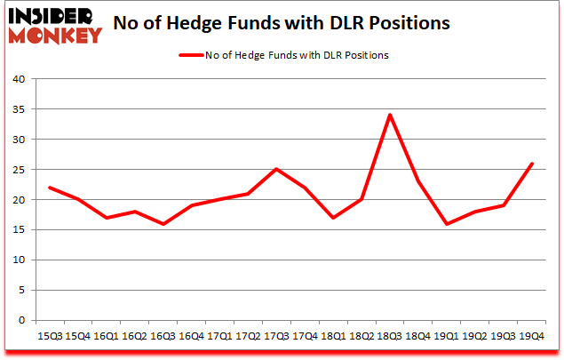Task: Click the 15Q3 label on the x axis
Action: click(49, 337)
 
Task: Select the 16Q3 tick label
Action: click(163, 337)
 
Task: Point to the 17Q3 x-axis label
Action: click(277, 337)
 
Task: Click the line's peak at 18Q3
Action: click(390, 115)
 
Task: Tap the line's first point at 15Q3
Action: click(49, 188)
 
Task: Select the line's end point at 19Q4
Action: click(532, 164)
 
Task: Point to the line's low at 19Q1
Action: click(447, 224)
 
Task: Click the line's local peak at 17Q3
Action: click(276, 169)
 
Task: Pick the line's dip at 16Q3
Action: click(163, 224)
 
